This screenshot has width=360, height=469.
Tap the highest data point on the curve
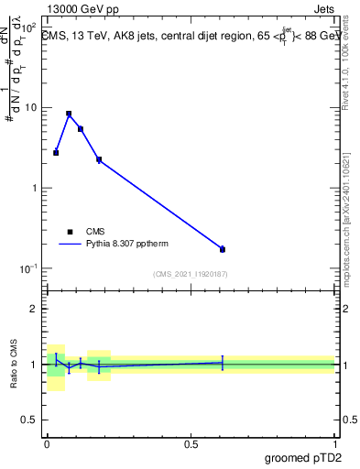pos(69,114)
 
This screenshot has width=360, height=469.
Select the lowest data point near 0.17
pos(223,249)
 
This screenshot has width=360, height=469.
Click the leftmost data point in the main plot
pos(56,153)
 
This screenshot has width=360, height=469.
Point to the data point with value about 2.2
pos(99,160)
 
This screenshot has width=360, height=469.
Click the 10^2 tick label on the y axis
pos(28,27)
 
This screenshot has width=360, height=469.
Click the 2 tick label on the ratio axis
pos(35,309)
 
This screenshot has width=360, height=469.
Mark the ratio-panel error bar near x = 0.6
pos(223,363)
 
